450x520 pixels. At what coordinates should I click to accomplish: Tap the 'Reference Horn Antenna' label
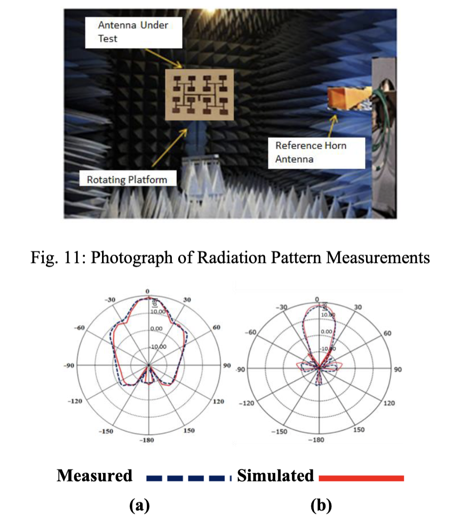tap(317, 151)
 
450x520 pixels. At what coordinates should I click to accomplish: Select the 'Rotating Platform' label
tap(127, 179)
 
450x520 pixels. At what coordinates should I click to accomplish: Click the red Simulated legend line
tap(361, 477)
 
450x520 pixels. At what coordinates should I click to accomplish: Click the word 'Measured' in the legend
tap(94, 476)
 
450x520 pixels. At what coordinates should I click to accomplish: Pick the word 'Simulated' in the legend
tap(275, 476)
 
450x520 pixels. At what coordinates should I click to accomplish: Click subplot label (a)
tap(139, 505)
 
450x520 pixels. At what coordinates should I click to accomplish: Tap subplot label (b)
tap(322, 505)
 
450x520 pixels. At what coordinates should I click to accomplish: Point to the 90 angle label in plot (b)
tap(397, 369)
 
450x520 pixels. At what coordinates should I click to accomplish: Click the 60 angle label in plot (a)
tap(217, 327)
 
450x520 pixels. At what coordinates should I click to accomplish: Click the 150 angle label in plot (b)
tap(359, 430)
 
